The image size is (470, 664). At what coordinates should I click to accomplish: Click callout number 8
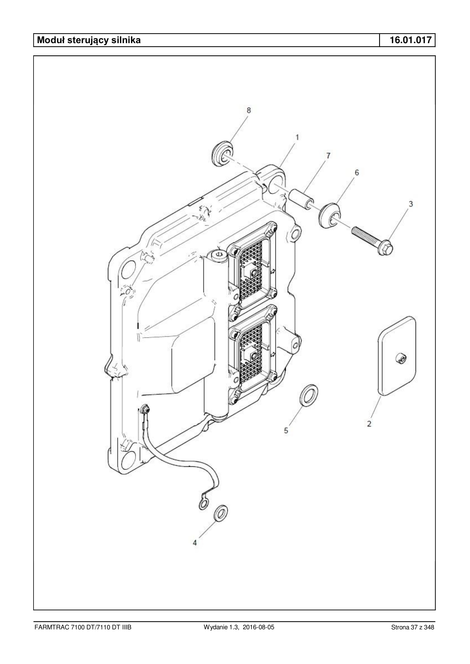[x=248, y=110]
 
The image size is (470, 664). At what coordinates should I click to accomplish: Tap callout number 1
[x=297, y=137]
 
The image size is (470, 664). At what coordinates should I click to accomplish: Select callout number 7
[x=328, y=156]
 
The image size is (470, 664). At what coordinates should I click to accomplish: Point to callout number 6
[x=357, y=172]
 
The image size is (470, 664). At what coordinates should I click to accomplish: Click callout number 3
[x=411, y=204]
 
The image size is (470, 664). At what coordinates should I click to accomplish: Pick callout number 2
[x=369, y=424]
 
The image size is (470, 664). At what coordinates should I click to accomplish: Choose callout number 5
[x=286, y=431]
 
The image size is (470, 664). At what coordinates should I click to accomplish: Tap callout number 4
[x=195, y=543]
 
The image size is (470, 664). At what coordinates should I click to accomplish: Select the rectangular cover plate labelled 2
[x=397, y=356]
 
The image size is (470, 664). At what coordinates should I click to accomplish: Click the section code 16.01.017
[x=411, y=40]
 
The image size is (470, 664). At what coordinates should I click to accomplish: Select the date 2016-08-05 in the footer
[x=258, y=627]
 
